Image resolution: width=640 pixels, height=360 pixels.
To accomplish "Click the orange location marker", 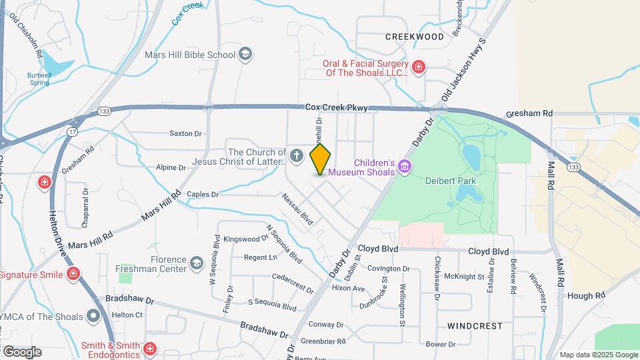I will [x=320, y=159].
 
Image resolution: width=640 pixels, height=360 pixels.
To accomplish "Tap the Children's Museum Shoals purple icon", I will [x=405, y=167].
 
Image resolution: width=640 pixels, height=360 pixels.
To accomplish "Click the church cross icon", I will [x=297, y=156].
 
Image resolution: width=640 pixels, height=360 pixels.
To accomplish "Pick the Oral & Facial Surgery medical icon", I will [x=418, y=67].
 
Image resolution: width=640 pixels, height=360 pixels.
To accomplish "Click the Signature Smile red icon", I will [x=73, y=274].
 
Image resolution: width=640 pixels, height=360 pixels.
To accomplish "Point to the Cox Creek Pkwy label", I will [x=331, y=107].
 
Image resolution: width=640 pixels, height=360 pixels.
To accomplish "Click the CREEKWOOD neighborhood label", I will [x=414, y=37].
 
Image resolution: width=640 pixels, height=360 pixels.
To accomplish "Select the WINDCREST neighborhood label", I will [x=474, y=326].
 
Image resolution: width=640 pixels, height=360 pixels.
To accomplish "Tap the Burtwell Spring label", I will [x=39, y=79].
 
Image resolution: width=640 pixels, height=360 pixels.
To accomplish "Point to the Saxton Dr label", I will [x=185, y=133].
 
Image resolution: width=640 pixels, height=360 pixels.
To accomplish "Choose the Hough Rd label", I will [x=587, y=295].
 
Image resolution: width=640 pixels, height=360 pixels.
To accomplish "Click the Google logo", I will [x=22, y=351].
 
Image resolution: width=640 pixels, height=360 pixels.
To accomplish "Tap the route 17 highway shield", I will [x=72, y=132].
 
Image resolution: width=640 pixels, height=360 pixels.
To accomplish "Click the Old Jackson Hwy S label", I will [x=465, y=70].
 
